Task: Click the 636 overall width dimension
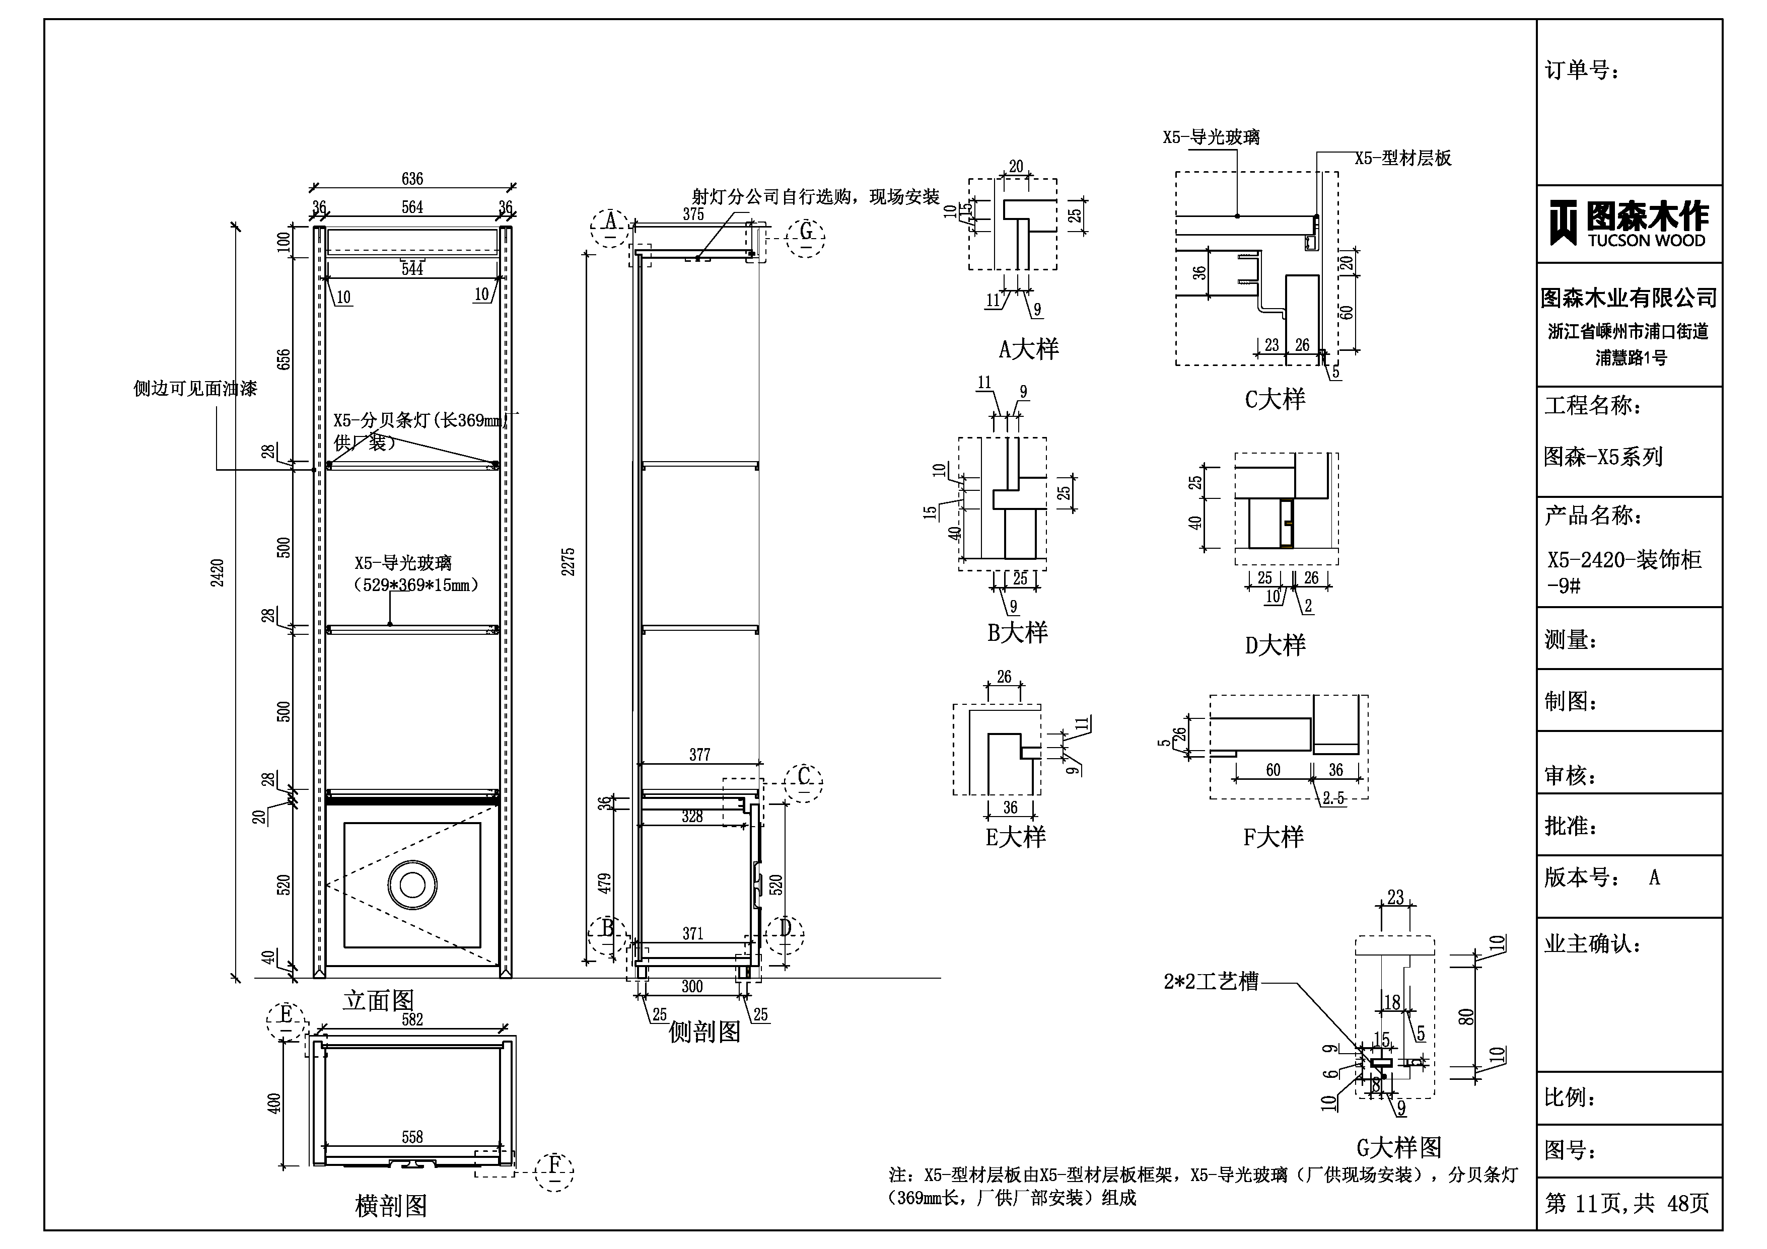point(412,179)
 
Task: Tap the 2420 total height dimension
point(218,573)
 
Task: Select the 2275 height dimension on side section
point(568,562)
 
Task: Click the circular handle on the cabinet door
point(412,885)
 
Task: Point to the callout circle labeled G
point(806,233)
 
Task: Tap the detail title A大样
point(1028,349)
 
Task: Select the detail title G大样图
point(1398,1147)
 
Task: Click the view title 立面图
point(379,1000)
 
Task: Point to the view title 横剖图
point(391,1206)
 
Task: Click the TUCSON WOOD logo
point(1629,223)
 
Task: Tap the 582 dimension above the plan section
point(412,1019)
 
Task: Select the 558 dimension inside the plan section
point(412,1137)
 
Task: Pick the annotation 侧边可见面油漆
point(195,389)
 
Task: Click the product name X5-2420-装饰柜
point(1624,559)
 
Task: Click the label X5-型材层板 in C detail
point(1403,159)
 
